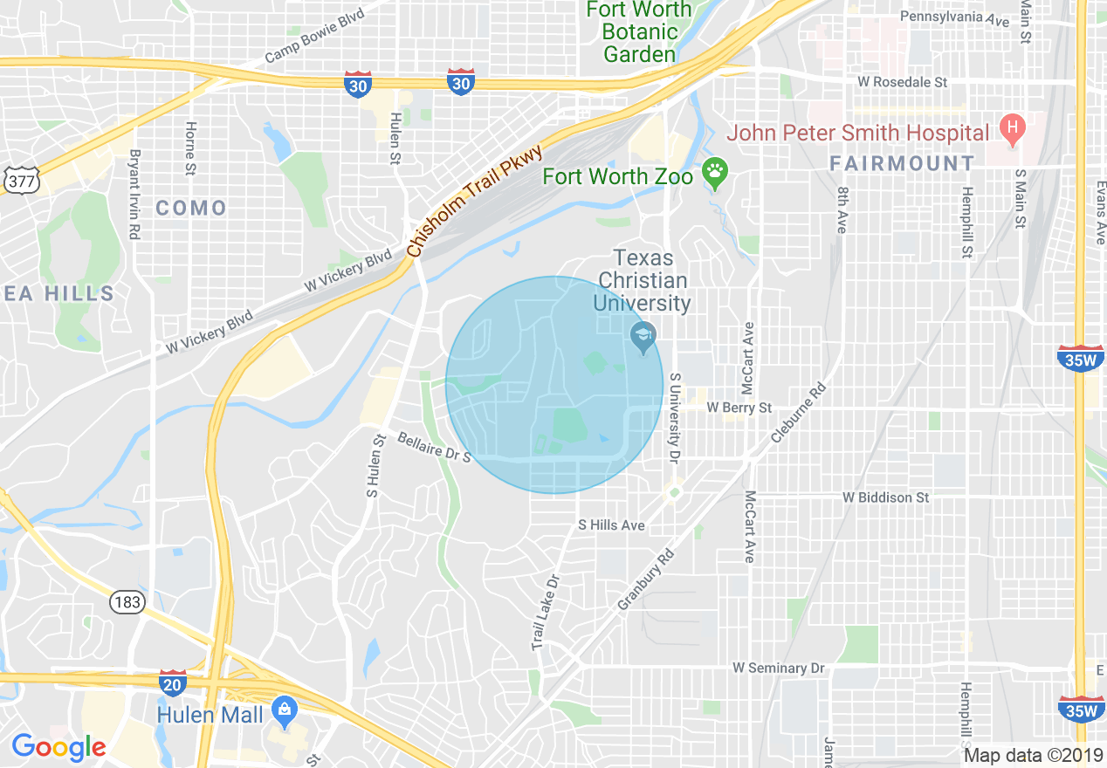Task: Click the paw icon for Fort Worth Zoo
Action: click(x=716, y=174)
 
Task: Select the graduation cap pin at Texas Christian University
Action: click(x=643, y=337)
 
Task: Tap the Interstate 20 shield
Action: click(x=173, y=683)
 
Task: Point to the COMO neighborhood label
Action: click(x=191, y=208)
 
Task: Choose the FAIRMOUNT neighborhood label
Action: click(x=902, y=163)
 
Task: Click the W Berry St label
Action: click(x=739, y=408)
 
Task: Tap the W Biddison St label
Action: click(x=885, y=497)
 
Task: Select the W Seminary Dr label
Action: click(x=779, y=668)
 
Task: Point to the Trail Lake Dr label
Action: click(x=544, y=611)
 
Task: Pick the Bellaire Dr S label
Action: click(x=434, y=445)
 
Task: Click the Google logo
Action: click(x=58, y=747)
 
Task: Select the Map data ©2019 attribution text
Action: click(x=1031, y=755)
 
